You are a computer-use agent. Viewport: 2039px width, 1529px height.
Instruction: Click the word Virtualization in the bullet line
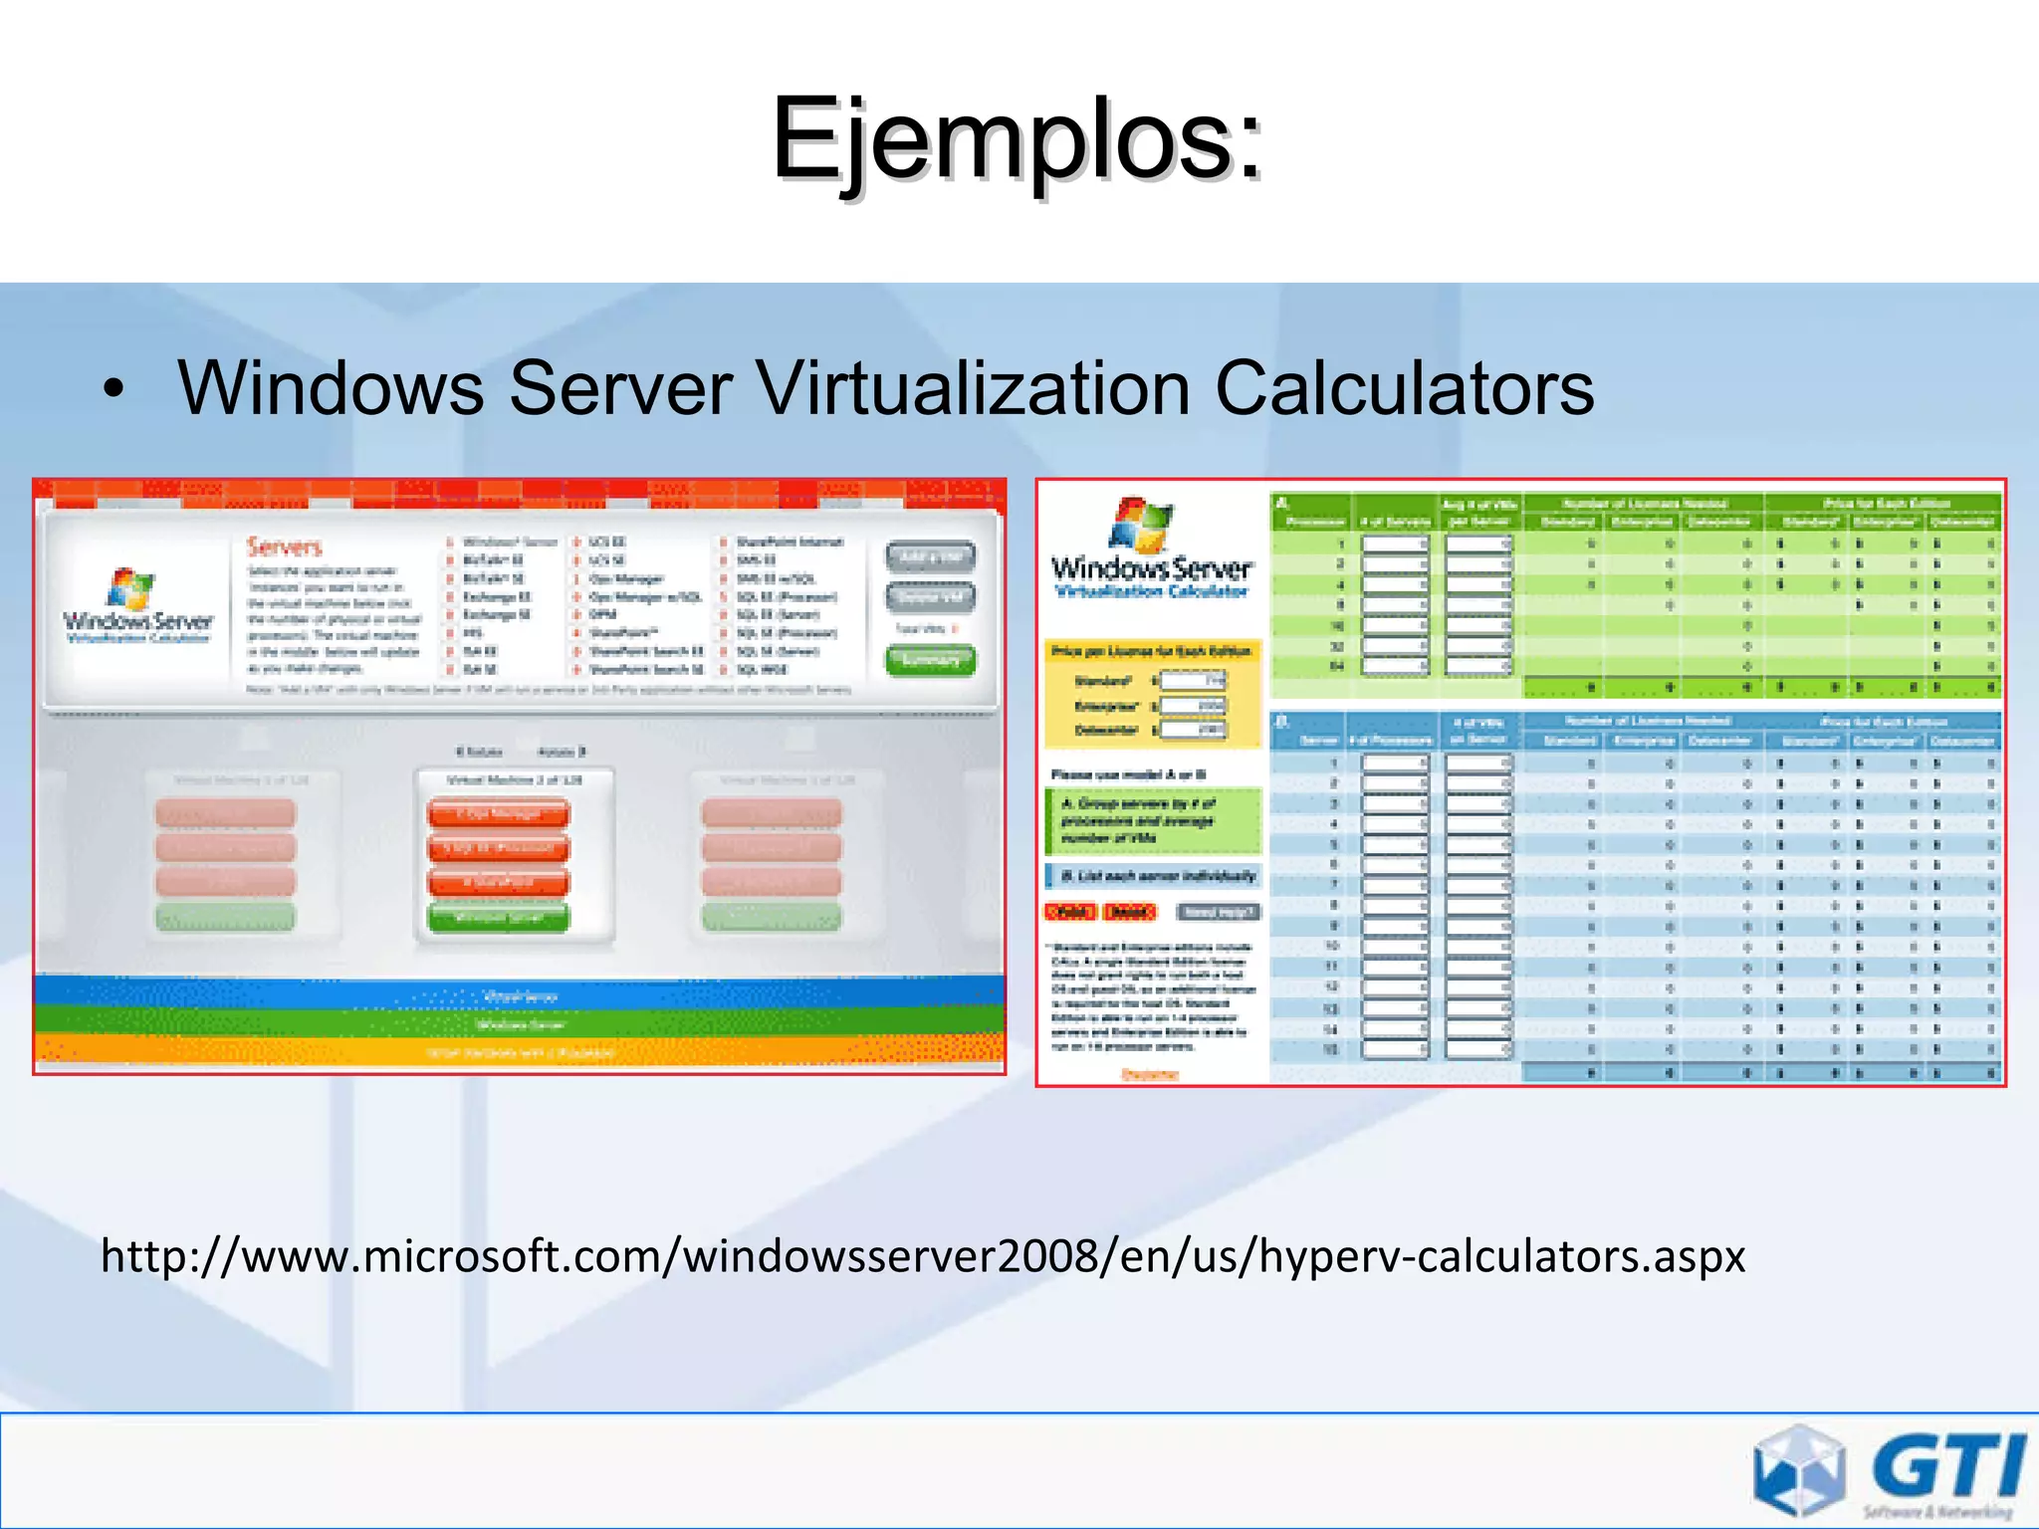click(x=973, y=388)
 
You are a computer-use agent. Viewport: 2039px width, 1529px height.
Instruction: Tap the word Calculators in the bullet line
click(x=1404, y=388)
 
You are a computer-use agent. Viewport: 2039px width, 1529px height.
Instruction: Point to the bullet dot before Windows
click(x=115, y=391)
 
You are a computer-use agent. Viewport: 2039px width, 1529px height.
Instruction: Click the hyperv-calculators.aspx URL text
click(x=922, y=1256)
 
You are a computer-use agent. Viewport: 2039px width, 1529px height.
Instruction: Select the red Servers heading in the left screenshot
click(x=285, y=546)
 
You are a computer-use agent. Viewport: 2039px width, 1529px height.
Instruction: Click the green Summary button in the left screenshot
click(x=930, y=660)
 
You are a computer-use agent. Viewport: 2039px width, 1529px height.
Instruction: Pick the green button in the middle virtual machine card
click(x=498, y=917)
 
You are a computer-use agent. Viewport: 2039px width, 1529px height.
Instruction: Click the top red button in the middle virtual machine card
click(x=498, y=813)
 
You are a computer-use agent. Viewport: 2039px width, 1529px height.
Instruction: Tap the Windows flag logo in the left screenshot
click(x=132, y=587)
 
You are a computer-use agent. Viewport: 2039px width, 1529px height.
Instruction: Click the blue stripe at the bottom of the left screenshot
click(x=519, y=993)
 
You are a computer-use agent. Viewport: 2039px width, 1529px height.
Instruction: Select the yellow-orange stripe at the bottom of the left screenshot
click(x=519, y=1051)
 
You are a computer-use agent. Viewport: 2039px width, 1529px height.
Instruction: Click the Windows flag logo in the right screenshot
click(x=1141, y=524)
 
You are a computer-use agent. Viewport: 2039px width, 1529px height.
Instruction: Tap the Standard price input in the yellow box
click(x=1194, y=681)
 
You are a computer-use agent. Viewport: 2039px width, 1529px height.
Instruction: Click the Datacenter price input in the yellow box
click(x=1194, y=730)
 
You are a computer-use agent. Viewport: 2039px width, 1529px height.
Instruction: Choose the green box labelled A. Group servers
click(x=1153, y=821)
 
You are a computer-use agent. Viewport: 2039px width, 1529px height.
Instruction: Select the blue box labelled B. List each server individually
click(x=1153, y=876)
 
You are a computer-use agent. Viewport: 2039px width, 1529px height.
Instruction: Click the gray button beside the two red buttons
click(x=1218, y=912)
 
